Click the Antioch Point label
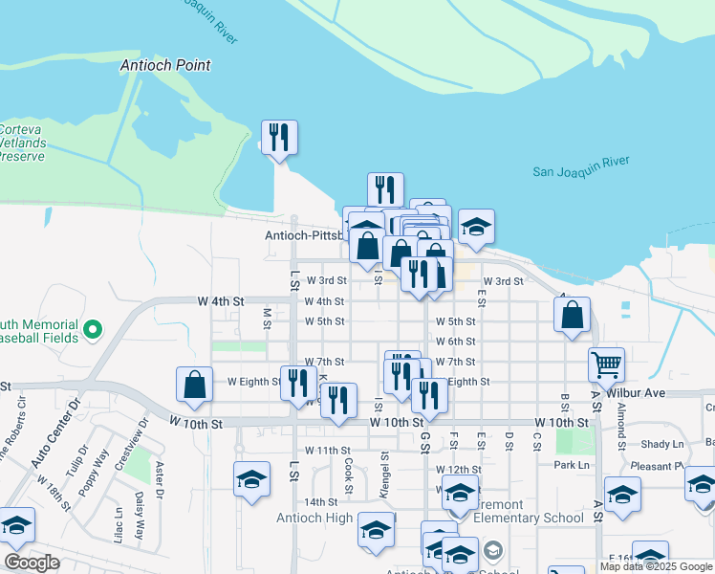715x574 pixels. click(x=165, y=66)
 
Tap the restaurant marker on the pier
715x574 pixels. click(x=279, y=137)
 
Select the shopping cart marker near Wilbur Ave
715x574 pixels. click(x=606, y=364)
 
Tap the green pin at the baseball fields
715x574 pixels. click(x=93, y=330)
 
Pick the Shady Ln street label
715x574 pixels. click(x=662, y=444)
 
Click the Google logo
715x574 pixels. click(x=32, y=563)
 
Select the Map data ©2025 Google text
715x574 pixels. click(x=655, y=566)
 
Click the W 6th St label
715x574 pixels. click(x=455, y=342)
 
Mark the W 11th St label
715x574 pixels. click(x=328, y=450)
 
